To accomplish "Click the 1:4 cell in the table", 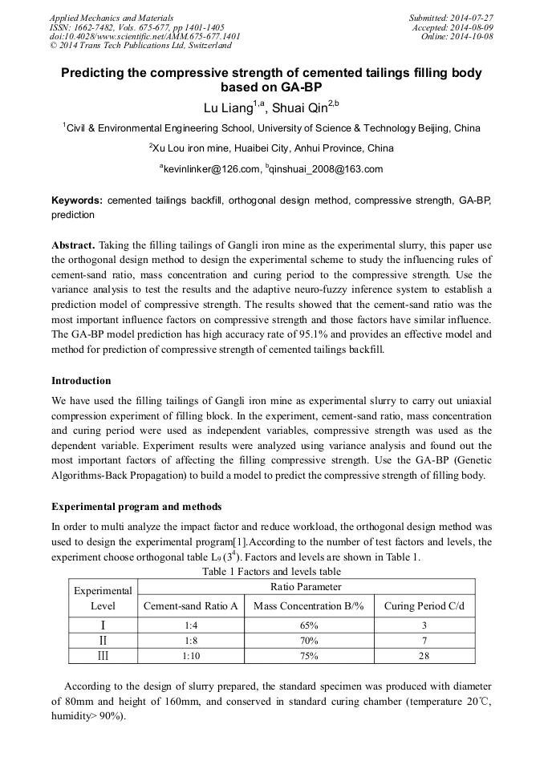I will (x=191, y=625).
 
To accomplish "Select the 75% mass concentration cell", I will (x=310, y=656).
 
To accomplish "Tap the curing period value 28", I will (x=424, y=656).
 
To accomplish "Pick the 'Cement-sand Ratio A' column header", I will (x=191, y=606).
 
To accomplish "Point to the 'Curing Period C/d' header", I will (x=424, y=606).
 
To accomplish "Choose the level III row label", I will (x=102, y=656).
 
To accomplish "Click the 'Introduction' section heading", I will (x=81, y=380).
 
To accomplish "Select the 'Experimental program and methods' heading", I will (x=136, y=507).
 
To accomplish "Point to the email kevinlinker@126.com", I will (x=212, y=168).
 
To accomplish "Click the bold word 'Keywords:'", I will (x=77, y=200).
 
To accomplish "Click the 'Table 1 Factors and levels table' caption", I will (x=271, y=572).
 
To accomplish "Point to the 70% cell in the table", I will (x=310, y=641).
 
